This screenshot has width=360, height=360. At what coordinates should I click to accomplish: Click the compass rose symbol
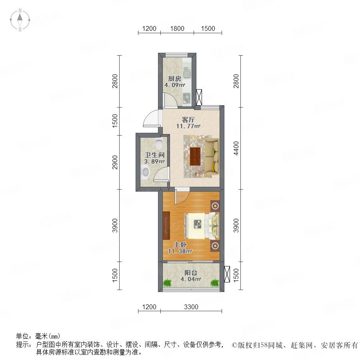pos(20,20)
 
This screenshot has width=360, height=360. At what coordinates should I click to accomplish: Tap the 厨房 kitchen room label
pos(174,79)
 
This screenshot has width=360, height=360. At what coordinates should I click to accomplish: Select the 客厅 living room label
pos(188,120)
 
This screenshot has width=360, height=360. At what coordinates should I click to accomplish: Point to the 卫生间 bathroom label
pos(154,155)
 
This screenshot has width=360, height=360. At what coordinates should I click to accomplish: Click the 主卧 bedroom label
pos(180,245)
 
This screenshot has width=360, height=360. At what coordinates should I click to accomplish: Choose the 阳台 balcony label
pos(191,272)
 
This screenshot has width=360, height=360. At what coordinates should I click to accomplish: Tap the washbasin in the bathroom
pos(145,172)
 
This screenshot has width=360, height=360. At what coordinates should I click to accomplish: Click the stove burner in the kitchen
pos(187,98)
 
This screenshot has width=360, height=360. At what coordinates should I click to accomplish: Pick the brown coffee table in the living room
pos(195,156)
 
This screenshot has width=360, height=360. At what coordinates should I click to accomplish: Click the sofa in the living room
pos(212,156)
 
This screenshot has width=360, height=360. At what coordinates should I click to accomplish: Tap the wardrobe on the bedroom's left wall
pos(166,226)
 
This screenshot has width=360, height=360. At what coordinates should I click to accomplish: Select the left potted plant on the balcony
pos(167,283)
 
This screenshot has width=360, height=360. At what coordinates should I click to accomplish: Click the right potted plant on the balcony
pos(215,283)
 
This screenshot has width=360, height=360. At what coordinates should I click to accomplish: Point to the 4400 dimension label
pos(236,148)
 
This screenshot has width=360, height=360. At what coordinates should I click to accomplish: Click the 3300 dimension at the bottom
pos(191,307)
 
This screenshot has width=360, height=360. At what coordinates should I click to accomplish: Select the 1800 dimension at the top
pos(177,28)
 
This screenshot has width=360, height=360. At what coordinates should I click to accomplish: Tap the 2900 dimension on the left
pos(115,162)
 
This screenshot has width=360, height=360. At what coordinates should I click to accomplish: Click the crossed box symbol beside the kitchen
pos(199,97)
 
